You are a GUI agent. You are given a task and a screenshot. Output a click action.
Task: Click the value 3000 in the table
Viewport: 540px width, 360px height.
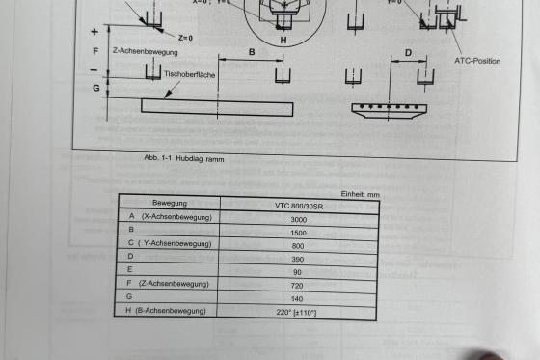pyautogui.click(x=298, y=220)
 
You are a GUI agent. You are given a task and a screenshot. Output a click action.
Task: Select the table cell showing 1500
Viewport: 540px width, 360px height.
pyautogui.click(x=298, y=233)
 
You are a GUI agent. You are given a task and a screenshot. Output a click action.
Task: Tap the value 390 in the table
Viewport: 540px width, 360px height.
pyautogui.click(x=298, y=259)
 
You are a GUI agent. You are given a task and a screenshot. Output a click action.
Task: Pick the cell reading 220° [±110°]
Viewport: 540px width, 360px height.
pyautogui.click(x=296, y=313)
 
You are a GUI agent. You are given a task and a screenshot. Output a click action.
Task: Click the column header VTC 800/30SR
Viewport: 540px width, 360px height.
pyautogui.click(x=299, y=207)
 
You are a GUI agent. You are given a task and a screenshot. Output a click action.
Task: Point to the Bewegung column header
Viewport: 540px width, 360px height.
pyautogui.click(x=170, y=203)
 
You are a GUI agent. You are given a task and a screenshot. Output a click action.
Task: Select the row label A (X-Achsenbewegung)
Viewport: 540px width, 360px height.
pyautogui.click(x=171, y=217)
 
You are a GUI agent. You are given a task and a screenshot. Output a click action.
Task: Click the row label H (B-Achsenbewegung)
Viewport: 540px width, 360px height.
pyautogui.click(x=166, y=311)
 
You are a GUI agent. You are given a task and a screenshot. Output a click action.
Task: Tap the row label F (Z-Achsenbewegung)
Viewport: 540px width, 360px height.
pyautogui.click(x=168, y=284)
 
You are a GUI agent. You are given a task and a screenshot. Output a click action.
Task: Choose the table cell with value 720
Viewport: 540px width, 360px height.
pyautogui.click(x=297, y=286)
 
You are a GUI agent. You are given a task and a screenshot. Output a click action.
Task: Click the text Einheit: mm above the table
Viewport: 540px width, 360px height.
pyautogui.click(x=361, y=194)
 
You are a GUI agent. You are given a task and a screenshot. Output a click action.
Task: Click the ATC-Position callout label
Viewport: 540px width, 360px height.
pyautogui.click(x=477, y=61)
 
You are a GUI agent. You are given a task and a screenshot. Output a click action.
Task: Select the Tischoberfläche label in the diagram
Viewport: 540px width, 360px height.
pyautogui.click(x=189, y=74)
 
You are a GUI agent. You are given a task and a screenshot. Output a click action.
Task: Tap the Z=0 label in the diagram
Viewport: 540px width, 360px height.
pyautogui.click(x=185, y=38)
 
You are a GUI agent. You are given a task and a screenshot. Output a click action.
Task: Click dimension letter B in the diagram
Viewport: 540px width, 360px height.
pyautogui.click(x=252, y=52)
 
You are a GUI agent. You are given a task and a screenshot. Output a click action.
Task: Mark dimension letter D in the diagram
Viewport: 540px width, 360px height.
pyautogui.click(x=408, y=53)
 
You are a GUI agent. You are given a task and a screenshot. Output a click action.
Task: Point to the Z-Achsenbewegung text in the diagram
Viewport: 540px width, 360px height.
pyautogui.click(x=146, y=52)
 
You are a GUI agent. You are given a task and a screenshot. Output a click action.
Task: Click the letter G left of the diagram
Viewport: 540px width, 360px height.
pyautogui.click(x=96, y=88)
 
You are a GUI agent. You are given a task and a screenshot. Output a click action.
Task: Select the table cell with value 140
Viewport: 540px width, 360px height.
pyautogui.click(x=297, y=299)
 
